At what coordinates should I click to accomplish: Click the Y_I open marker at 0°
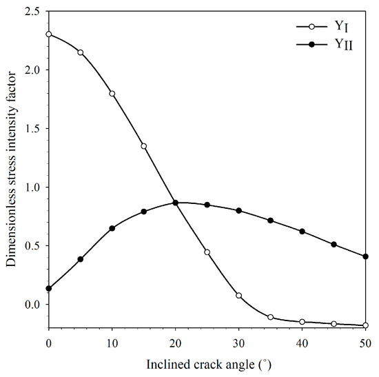point(49,34)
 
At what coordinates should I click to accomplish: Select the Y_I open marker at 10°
point(112,93)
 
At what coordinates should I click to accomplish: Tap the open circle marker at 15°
point(144,146)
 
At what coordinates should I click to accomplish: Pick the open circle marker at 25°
point(207,252)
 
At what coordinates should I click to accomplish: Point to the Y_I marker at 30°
point(239,295)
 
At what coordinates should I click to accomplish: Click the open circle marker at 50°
point(365,325)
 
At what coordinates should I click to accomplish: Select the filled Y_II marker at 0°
point(49,288)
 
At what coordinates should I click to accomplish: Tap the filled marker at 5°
point(81,259)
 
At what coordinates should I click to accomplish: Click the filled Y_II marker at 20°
point(176,203)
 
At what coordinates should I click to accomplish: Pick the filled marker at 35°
point(271,221)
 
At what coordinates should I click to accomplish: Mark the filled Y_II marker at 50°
point(365,256)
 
